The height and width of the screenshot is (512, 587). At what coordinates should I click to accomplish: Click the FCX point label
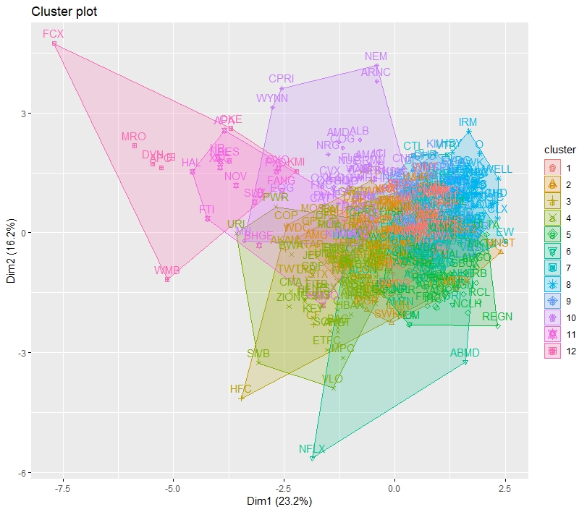53,34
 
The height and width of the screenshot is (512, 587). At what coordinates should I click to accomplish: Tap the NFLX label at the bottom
313,449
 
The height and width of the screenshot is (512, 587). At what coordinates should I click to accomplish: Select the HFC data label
240,389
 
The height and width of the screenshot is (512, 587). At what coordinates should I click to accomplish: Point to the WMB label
166,270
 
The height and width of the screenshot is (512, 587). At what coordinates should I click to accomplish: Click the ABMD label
465,353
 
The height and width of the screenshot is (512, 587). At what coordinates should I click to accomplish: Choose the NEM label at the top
376,56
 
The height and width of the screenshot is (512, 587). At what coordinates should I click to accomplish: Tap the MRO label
134,137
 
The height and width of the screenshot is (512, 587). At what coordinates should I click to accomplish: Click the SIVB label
258,354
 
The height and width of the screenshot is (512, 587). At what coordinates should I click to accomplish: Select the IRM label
468,121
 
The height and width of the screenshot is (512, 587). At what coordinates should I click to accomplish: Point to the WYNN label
272,98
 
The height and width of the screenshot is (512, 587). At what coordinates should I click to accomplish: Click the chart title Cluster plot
64,12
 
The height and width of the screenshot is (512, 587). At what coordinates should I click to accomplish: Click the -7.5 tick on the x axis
62,488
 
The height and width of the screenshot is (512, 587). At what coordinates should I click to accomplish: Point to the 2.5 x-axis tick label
505,488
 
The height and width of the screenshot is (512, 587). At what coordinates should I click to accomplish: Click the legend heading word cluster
559,150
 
